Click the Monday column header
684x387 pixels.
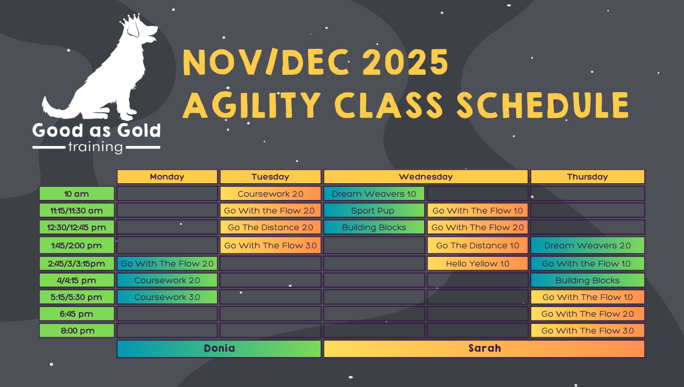(167, 177)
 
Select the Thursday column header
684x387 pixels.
(587, 177)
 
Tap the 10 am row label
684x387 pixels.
(77, 194)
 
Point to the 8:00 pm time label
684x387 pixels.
(77, 330)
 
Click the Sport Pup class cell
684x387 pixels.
(374, 211)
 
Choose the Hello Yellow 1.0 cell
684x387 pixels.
(478, 263)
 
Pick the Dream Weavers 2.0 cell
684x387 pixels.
(587, 246)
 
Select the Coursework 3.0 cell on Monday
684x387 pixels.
(167, 297)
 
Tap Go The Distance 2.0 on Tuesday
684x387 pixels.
(270, 227)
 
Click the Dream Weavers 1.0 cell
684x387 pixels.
(374, 194)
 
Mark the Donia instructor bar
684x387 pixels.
(219, 348)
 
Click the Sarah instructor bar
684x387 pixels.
(484, 348)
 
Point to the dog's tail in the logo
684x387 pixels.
(57, 108)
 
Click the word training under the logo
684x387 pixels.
(96, 147)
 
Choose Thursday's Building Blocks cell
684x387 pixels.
(587, 280)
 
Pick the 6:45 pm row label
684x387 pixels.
(77, 314)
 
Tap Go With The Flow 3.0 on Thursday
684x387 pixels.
(587, 330)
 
